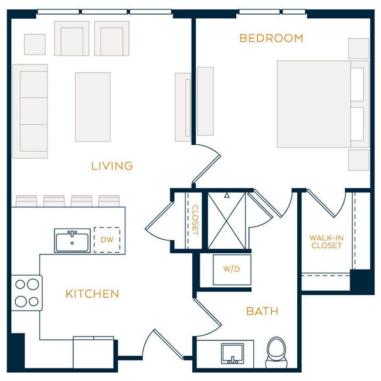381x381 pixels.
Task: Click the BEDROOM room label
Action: [x=271, y=39]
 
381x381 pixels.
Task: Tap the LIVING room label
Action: [x=112, y=166]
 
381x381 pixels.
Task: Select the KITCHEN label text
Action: [x=92, y=294]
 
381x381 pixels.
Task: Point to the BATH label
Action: [x=262, y=311]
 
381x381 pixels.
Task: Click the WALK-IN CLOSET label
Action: [x=326, y=241]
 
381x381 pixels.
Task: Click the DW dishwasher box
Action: [x=107, y=239]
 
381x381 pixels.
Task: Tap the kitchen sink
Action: [x=72, y=240]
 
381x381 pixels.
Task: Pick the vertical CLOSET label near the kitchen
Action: [x=195, y=220]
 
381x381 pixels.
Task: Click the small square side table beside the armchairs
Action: [x=35, y=44]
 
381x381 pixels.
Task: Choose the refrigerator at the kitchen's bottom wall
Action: [x=93, y=353]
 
